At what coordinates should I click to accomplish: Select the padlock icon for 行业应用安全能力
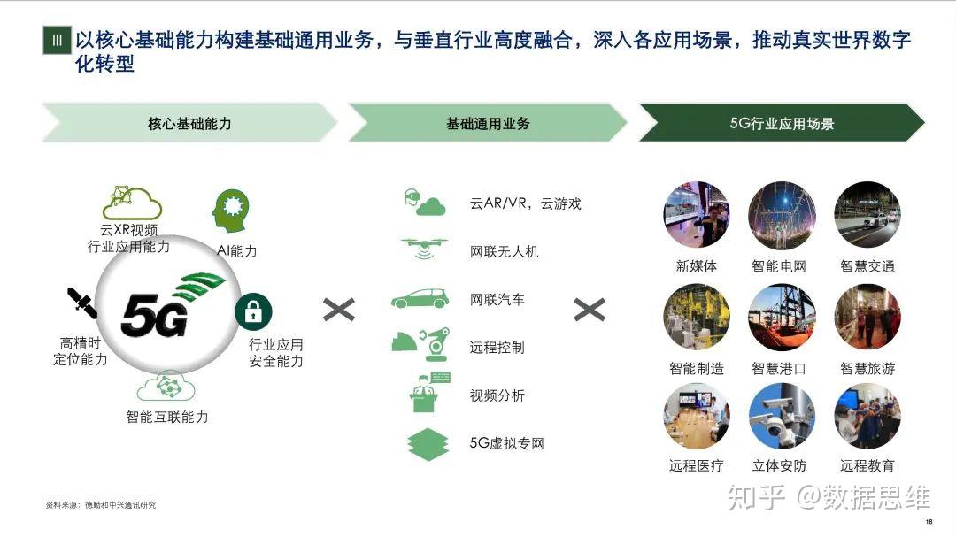click(x=253, y=311)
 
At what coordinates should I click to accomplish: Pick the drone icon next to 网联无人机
click(x=423, y=249)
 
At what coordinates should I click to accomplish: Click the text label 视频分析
click(x=497, y=395)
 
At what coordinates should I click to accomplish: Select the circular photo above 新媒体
click(x=696, y=215)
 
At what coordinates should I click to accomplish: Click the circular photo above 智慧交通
click(x=867, y=215)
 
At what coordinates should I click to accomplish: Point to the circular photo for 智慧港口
click(x=780, y=317)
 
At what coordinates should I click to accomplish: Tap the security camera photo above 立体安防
click(x=780, y=417)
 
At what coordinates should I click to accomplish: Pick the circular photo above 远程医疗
click(x=696, y=417)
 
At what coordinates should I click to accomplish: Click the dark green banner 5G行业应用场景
click(x=782, y=123)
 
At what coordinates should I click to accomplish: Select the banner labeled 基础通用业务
click(x=488, y=123)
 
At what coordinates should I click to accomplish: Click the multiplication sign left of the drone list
click(x=338, y=309)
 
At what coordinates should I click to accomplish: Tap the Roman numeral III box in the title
click(x=57, y=41)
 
